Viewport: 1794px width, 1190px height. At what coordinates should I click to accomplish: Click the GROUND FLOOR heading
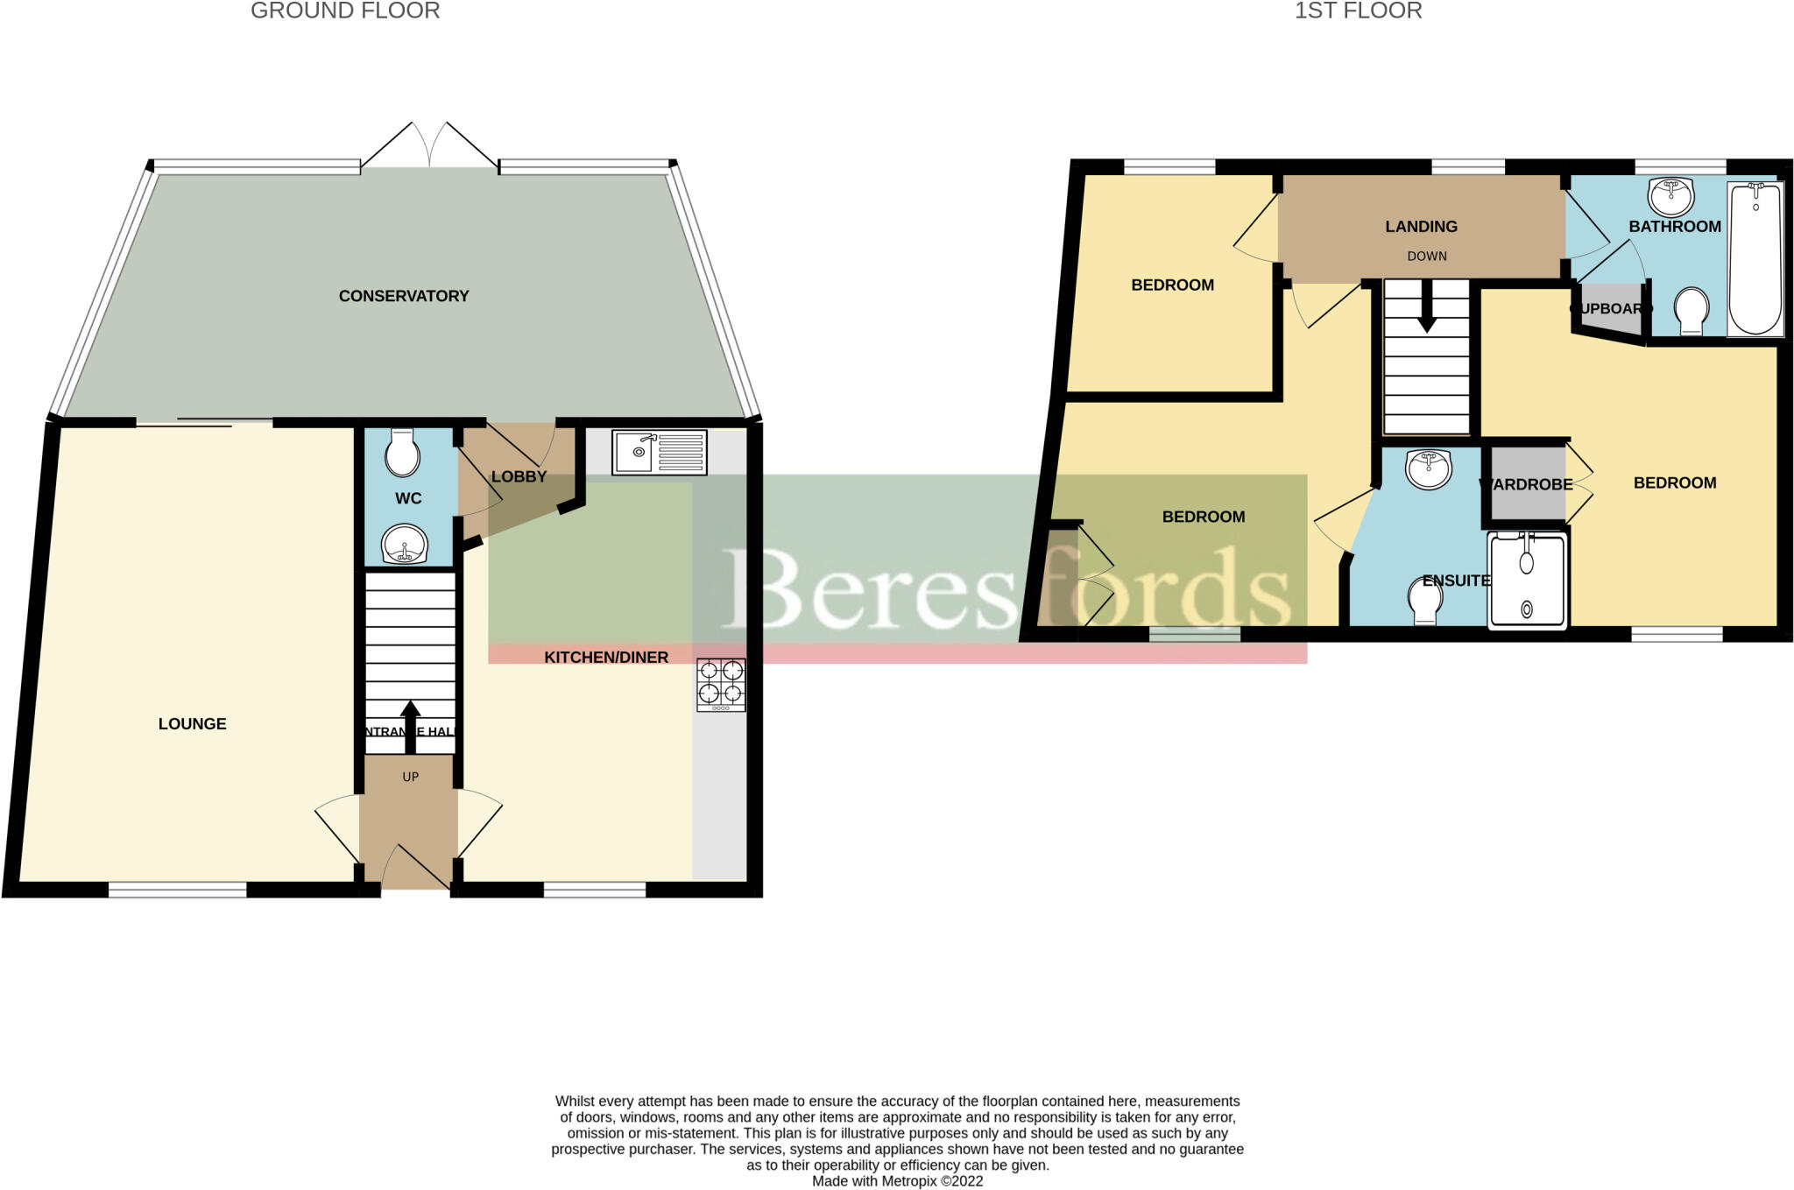(345, 11)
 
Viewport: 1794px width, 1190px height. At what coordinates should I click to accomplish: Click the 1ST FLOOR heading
(1358, 11)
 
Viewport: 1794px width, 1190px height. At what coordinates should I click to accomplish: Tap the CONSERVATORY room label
(403, 296)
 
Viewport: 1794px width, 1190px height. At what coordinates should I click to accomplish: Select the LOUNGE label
(192, 723)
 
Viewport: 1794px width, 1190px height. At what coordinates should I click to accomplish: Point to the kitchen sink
(659, 452)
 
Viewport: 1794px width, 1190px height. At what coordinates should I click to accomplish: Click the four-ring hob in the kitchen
(721, 684)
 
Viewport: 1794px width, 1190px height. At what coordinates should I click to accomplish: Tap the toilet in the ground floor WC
(403, 452)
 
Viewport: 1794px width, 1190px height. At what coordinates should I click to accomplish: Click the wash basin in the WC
(404, 545)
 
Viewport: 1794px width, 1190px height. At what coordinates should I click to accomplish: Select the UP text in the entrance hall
(410, 777)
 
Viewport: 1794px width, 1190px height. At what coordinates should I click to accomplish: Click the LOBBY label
(519, 476)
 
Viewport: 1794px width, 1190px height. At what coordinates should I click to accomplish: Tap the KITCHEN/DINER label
(605, 657)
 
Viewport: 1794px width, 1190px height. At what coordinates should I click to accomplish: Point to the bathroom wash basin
(1670, 196)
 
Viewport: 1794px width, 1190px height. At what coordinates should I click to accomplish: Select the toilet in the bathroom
(1691, 311)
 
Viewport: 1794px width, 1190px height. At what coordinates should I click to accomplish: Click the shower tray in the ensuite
(1527, 580)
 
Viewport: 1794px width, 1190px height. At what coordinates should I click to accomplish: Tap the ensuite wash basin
(1428, 468)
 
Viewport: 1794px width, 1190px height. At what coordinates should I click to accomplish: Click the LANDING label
(1421, 226)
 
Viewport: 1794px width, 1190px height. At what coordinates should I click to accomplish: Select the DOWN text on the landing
(1426, 256)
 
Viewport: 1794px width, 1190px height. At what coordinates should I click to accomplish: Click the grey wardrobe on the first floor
(1528, 484)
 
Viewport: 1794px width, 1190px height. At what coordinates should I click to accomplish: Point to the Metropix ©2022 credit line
(897, 1181)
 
